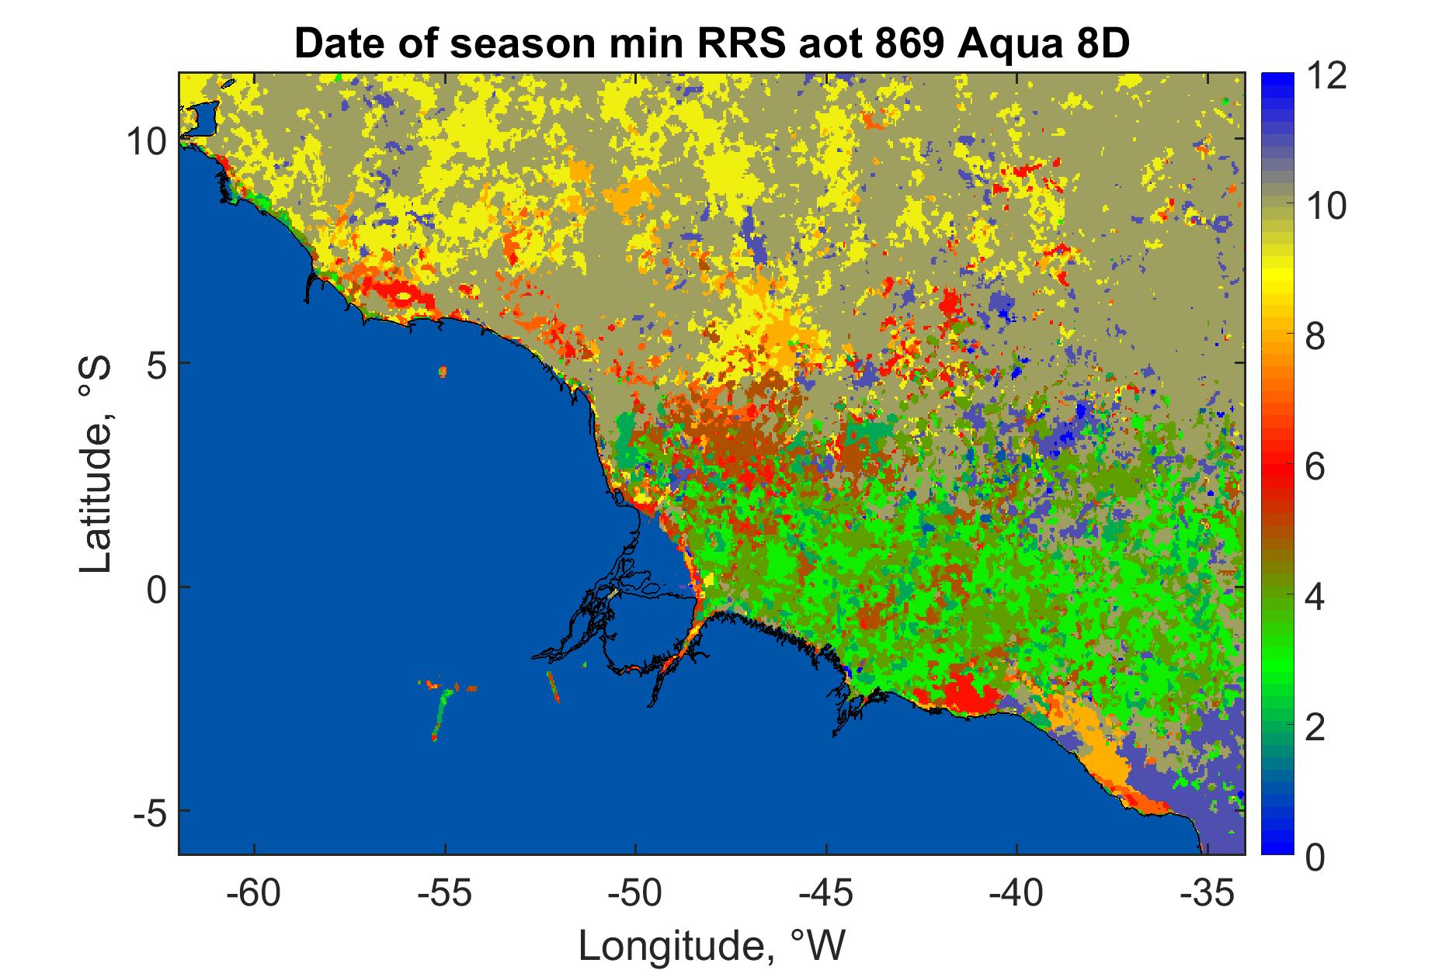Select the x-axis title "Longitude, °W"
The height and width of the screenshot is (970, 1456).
(x=711, y=944)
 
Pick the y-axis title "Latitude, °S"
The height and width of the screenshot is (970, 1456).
(x=97, y=465)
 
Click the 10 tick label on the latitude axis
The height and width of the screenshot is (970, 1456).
(x=145, y=140)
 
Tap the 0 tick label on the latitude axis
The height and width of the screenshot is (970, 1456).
(x=155, y=587)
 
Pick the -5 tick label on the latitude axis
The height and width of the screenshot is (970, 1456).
(x=148, y=811)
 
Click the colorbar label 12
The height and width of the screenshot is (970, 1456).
(x=1326, y=77)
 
